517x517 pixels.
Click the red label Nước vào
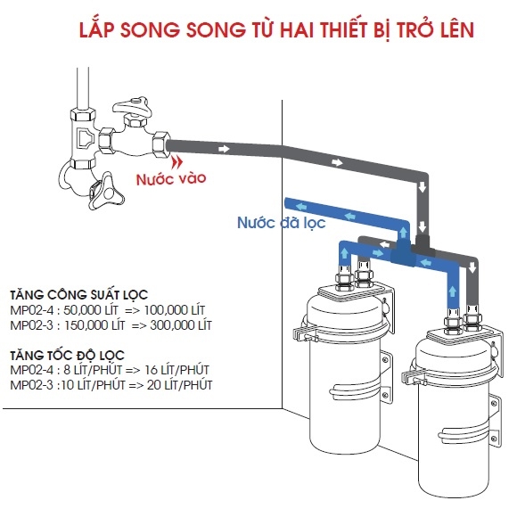tap(171, 178)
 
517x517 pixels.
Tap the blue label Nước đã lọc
tap(282, 223)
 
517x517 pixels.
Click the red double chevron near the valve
tap(177, 162)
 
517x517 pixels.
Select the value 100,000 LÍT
tap(175, 310)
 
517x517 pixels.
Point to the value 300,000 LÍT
tap(181, 325)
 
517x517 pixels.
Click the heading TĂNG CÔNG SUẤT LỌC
tap(78, 295)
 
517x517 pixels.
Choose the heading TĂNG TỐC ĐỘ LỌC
tap(67, 356)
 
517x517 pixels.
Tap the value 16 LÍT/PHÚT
tap(176, 370)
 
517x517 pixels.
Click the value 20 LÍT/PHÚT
tap(180, 385)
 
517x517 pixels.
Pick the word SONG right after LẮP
tap(150, 30)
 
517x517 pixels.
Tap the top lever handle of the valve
tap(132, 105)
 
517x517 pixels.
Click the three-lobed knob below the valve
tap(105, 192)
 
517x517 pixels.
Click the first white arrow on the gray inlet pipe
tap(224, 149)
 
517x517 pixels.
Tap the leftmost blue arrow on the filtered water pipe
tap(300, 207)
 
